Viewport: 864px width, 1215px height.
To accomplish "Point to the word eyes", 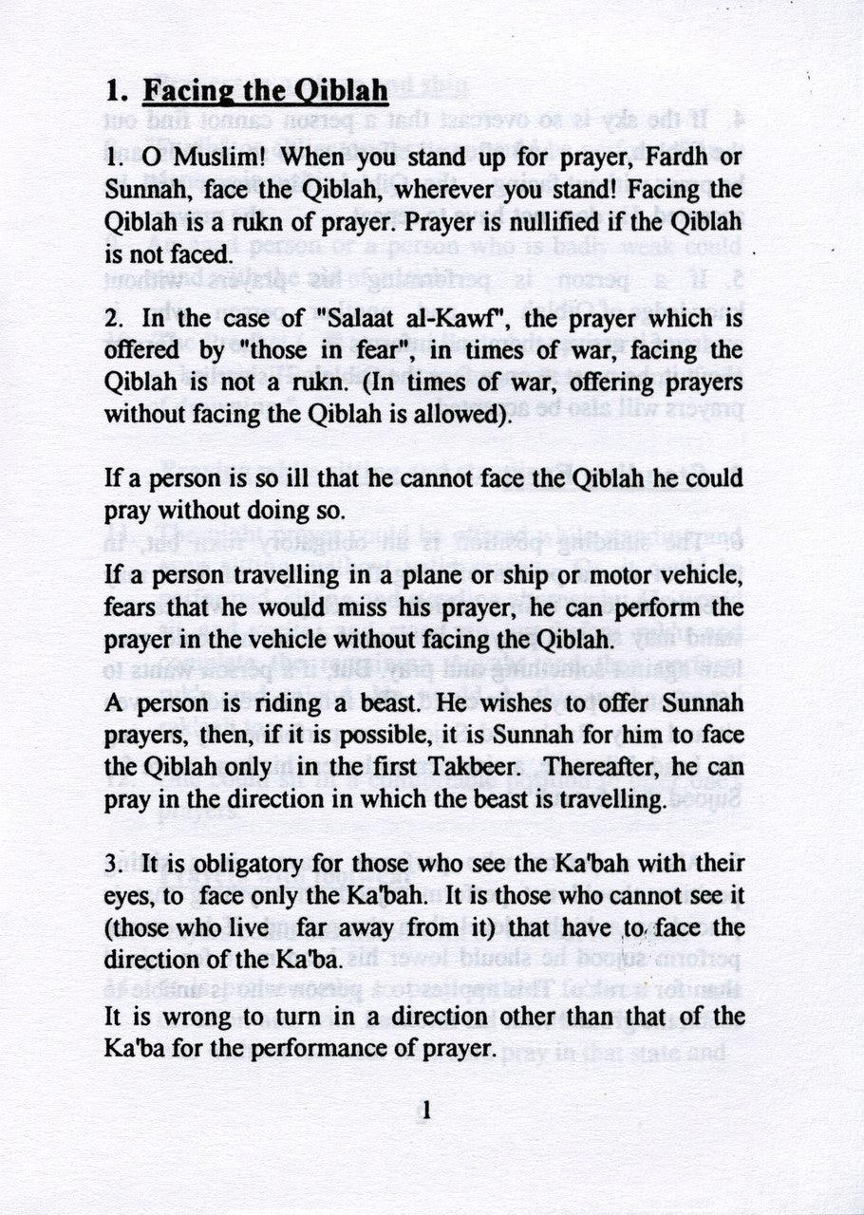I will [x=130, y=895].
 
